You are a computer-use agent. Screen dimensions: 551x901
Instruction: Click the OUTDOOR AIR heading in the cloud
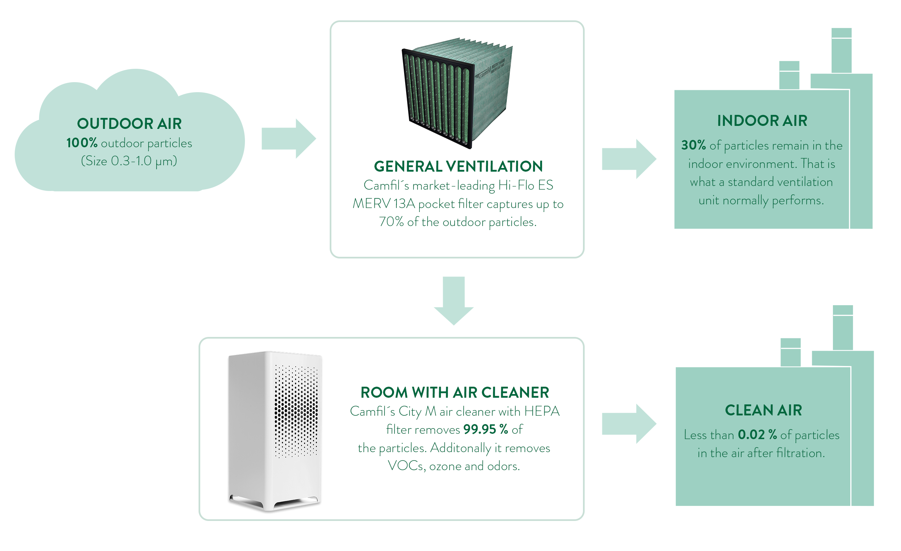129,124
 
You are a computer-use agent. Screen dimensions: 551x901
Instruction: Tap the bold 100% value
81,143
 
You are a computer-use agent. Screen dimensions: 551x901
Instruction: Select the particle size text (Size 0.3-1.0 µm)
129,161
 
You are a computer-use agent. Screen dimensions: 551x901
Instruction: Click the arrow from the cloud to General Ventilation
288,139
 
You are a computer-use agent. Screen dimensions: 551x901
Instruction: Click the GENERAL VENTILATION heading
458,167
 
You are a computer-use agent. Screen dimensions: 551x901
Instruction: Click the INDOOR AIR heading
762,121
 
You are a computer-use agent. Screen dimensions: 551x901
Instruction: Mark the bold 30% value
693,145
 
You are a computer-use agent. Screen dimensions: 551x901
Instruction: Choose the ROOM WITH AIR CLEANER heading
455,393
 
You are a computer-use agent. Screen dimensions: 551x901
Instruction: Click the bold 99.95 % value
485,429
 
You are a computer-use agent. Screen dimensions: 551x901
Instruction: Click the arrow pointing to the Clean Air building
629,424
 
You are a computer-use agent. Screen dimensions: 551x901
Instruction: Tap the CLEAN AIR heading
763,410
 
